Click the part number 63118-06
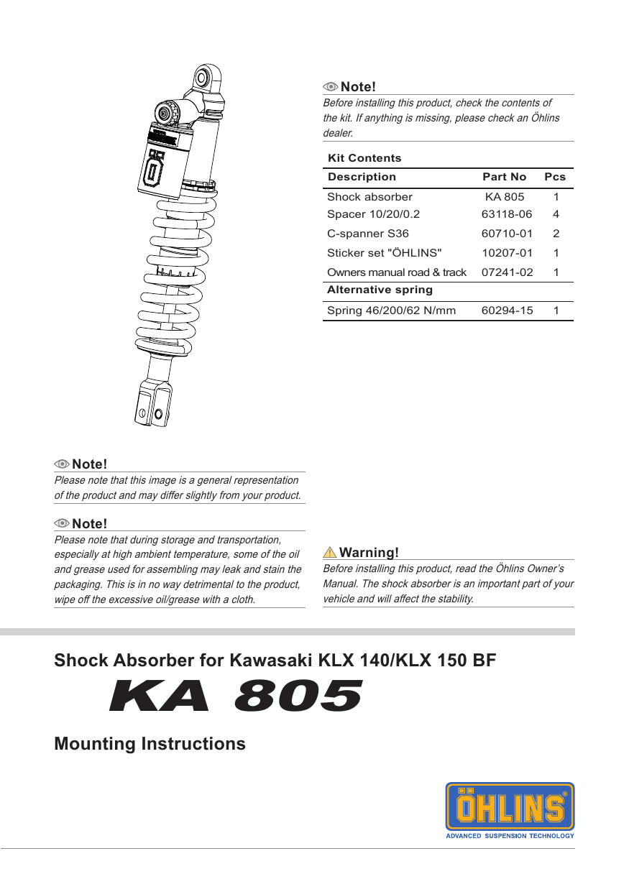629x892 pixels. [507, 214]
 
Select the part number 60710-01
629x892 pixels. [507, 234]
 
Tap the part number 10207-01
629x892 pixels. [507, 253]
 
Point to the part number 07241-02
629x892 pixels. [507, 272]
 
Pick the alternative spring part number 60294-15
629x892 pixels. [507, 311]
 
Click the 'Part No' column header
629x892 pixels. [504, 177]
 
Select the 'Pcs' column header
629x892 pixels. [555, 177]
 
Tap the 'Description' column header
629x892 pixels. [362, 177]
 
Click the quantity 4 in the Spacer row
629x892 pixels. [556, 214]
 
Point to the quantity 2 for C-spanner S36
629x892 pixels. [556, 234]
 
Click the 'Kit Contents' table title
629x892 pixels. [364, 158]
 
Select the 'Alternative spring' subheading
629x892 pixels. [380, 290]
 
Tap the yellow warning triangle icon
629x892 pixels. [330, 553]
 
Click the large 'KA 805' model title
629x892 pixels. [235, 696]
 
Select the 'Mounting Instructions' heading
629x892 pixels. [150, 743]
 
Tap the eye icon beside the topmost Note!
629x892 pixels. [331, 87]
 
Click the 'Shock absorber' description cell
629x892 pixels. [369, 197]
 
